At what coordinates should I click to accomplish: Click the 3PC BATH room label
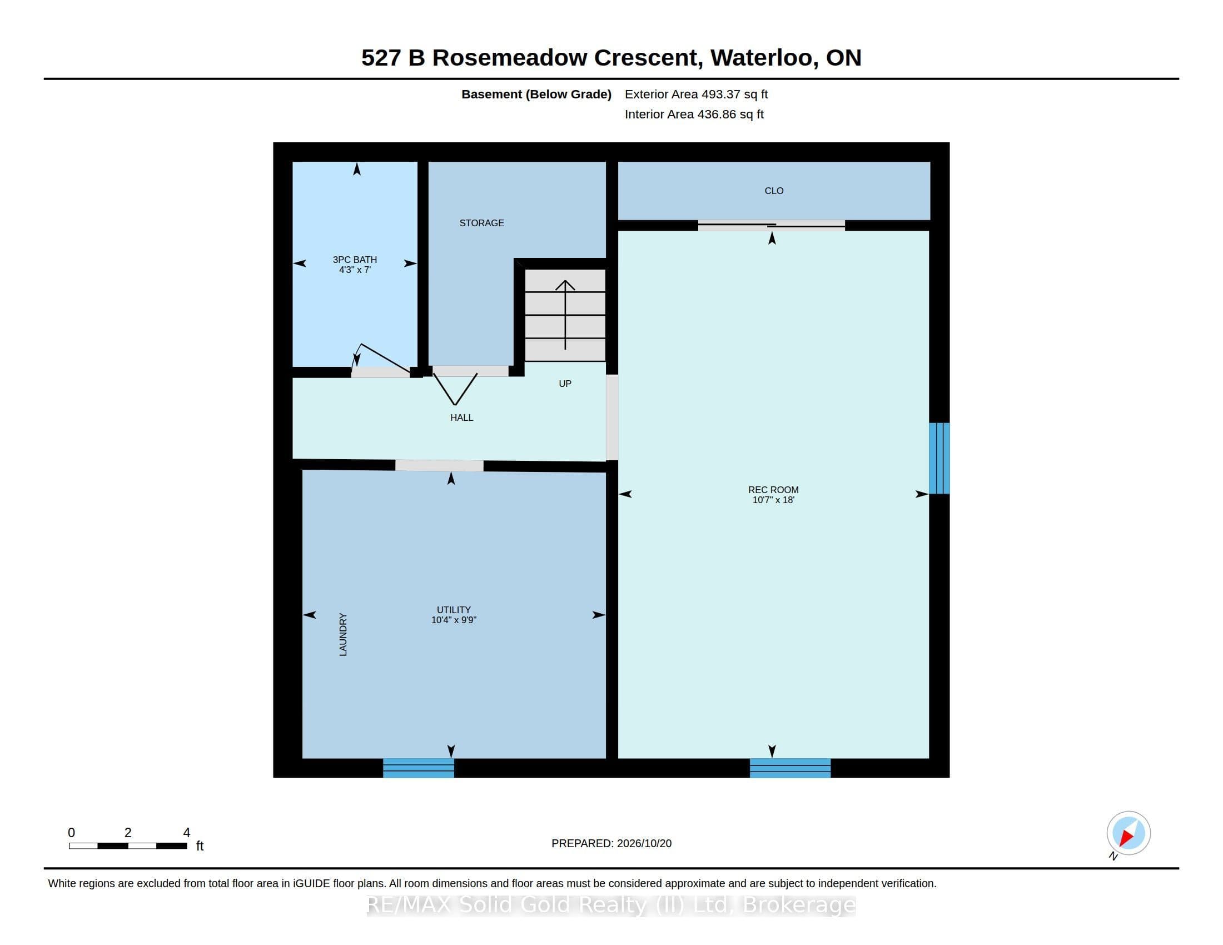click(355, 259)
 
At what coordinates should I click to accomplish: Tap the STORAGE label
click(481, 223)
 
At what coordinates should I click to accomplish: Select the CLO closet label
click(774, 191)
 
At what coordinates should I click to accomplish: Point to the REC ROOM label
click(773, 490)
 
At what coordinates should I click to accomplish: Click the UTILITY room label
click(454, 610)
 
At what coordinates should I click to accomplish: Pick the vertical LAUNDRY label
click(343, 634)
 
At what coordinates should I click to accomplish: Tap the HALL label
click(461, 417)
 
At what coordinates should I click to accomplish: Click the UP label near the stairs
click(565, 384)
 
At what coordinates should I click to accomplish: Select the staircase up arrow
click(565, 315)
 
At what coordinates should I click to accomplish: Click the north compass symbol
click(1128, 834)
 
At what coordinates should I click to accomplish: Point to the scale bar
click(128, 845)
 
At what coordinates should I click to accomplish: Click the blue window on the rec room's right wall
click(939, 458)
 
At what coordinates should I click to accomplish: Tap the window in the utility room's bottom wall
click(418, 768)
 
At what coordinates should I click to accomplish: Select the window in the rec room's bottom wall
click(790, 768)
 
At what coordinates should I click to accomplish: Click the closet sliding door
click(771, 225)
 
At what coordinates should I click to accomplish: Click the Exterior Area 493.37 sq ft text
click(696, 94)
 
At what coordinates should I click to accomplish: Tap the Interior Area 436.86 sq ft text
click(694, 114)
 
